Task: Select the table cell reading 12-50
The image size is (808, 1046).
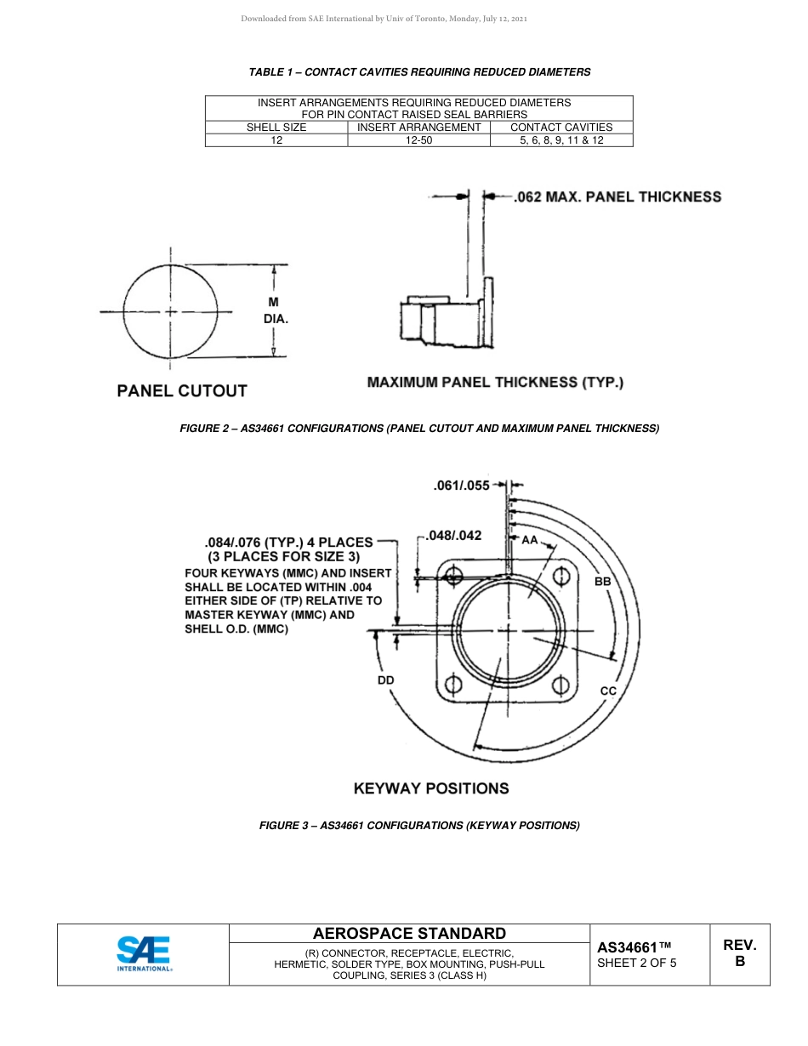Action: pyautogui.click(x=418, y=139)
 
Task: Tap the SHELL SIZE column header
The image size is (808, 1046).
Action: pyautogui.click(x=276, y=127)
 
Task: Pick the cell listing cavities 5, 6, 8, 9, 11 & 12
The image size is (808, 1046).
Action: pyautogui.click(x=561, y=139)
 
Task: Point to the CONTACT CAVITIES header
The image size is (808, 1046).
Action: pyautogui.click(x=561, y=127)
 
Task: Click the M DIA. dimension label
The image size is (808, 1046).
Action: pyautogui.click(x=274, y=310)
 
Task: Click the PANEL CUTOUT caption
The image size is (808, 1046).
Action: pyautogui.click(x=181, y=391)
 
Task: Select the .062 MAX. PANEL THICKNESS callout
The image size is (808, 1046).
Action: pyautogui.click(x=617, y=197)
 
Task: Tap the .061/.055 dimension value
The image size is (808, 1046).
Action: pyautogui.click(x=461, y=486)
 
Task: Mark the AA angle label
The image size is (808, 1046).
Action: pyautogui.click(x=529, y=540)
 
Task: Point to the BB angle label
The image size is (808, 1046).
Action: pyautogui.click(x=602, y=582)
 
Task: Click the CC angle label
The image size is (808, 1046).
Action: pyautogui.click(x=608, y=691)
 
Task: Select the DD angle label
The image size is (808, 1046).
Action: pyautogui.click(x=386, y=680)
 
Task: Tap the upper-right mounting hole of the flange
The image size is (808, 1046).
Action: pyautogui.click(x=562, y=576)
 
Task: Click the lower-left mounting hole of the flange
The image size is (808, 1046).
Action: pyautogui.click(x=453, y=685)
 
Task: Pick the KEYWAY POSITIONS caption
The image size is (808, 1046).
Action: pyautogui.click(x=431, y=788)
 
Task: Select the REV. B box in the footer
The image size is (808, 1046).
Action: pyautogui.click(x=739, y=953)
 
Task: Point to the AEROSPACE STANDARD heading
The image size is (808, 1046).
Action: pyautogui.click(x=409, y=933)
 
